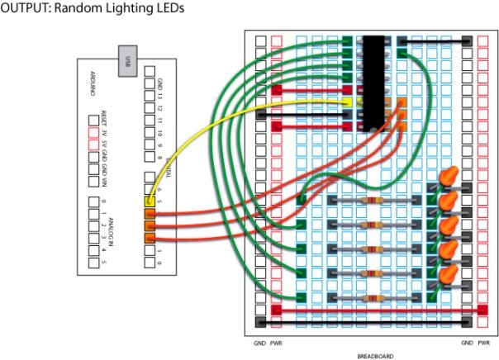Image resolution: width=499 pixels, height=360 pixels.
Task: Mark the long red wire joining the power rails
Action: (376, 310)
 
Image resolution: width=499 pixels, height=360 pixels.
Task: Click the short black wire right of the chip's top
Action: (435, 40)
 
